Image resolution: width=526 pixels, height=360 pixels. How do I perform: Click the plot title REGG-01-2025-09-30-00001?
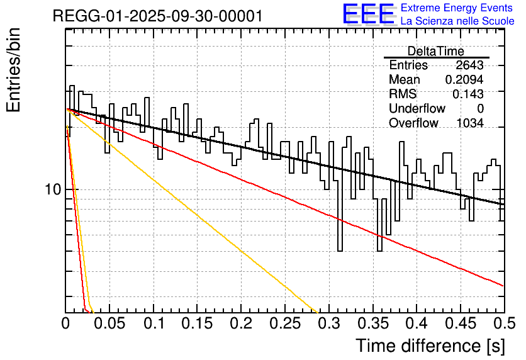coord(157,16)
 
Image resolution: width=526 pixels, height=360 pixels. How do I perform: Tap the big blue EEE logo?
coord(369,14)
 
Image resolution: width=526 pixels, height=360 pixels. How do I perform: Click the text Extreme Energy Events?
coord(457,8)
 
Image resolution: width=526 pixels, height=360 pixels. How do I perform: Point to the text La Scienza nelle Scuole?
coord(457,21)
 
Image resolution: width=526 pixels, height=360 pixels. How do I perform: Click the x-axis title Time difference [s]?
coord(430,346)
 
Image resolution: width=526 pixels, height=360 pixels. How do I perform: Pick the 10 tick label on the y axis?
coord(52,189)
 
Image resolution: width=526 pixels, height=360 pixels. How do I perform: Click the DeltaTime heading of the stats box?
coord(436,52)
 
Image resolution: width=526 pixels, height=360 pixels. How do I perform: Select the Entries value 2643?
coord(469,65)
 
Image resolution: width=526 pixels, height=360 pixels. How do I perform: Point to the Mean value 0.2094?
coord(464,80)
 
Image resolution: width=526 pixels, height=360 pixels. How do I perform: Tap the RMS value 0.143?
coord(468,94)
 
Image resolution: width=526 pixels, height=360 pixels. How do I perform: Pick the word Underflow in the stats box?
coord(417,109)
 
